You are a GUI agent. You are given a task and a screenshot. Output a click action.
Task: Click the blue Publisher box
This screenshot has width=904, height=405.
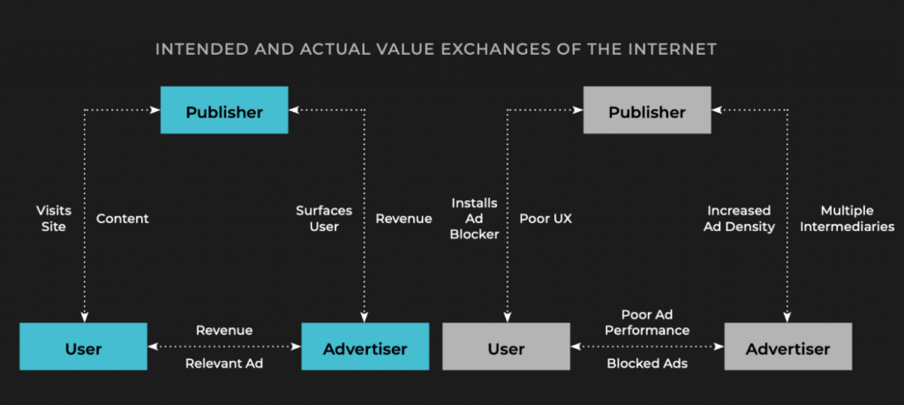tap(224, 110)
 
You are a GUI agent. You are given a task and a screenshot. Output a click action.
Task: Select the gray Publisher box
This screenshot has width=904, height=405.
tap(647, 110)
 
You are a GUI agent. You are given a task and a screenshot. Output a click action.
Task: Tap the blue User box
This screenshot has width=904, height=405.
tap(84, 346)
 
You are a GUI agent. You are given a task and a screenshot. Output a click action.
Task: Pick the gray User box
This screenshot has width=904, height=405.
tap(506, 346)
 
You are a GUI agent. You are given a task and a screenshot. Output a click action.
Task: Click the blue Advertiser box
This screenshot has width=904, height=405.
tap(365, 346)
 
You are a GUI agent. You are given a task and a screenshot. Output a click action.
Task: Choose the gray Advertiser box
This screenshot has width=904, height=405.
tap(788, 346)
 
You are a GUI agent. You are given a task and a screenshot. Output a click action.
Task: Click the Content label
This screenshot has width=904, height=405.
tap(122, 218)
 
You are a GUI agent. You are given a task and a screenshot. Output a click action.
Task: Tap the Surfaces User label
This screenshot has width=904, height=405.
tap(324, 218)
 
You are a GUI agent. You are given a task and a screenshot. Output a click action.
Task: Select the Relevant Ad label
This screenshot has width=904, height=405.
tap(224, 364)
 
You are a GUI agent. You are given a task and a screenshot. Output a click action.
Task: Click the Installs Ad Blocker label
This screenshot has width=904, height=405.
tap(475, 218)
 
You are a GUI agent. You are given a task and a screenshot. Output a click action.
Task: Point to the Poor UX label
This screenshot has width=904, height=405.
tap(546, 218)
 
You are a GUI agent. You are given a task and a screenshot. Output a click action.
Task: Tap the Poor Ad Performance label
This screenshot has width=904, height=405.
tap(647, 322)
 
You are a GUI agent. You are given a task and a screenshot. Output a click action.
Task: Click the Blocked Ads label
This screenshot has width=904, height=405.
tap(647, 364)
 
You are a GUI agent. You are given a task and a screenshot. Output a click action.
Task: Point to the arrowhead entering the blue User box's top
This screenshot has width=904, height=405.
tap(84, 318)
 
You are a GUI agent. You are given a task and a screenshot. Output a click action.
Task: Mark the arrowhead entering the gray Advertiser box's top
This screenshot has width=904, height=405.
tap(787, 318)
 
